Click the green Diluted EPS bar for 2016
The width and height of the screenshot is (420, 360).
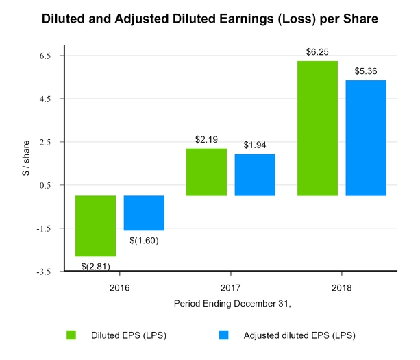(95, 226)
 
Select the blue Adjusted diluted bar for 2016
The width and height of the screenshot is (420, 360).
(144, 213)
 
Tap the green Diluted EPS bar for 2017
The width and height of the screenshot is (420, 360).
(206, 172)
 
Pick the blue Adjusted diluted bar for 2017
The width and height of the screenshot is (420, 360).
(255, 175)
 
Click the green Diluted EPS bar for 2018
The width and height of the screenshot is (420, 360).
(318, 128)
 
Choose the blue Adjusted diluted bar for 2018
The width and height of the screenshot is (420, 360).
(367, 138)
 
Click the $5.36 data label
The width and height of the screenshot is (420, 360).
(367, 71)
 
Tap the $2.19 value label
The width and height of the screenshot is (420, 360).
(206, 139)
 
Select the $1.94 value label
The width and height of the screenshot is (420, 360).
(255, 145)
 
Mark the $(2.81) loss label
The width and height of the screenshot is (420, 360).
(95, 265)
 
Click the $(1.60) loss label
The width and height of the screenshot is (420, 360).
(144, 240)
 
